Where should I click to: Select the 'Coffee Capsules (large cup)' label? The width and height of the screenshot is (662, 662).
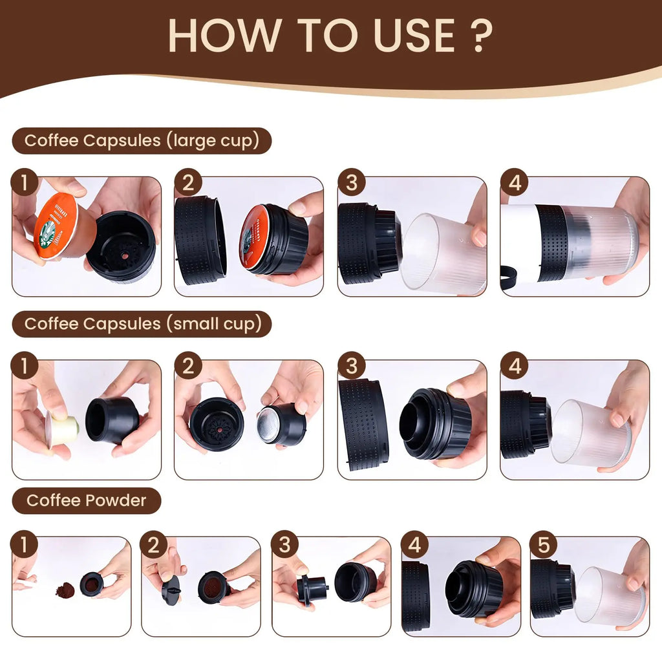pyautogui.click(x=142, y=140)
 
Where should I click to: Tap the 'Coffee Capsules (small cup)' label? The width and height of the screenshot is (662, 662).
pyautogui.click(x=142, y=324)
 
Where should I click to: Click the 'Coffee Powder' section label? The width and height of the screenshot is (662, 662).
pyautogui.click(x=87, y=500)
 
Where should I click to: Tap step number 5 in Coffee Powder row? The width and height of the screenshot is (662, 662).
pyautogui.click(x=543, y=546)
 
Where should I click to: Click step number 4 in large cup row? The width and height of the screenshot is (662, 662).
pyautogui.click(x=515, y=183)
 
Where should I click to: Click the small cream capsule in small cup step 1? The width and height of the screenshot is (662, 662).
pyautogui.click(x=63, y=429)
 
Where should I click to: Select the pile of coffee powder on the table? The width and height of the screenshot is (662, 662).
pyautogui.click(x=65, y=590)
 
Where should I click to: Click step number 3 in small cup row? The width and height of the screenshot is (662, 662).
pyautogui.click(x=351, y=367)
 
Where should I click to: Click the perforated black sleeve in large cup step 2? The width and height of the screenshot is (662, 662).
pyautogui.click(x=200, y=240)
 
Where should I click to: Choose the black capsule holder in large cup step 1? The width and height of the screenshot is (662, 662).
pyautogui.click(x=121, y=246)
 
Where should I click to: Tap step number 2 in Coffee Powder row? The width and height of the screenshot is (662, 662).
pyautogui.click(x=154, y=546)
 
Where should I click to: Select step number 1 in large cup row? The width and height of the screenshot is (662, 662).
pyautogui.click(x=25, y=183)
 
